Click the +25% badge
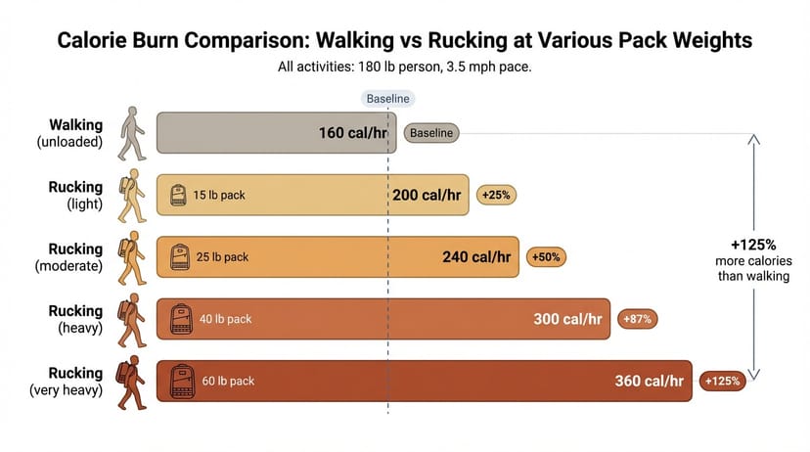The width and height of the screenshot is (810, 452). pyautogui.click(x=496, y=195)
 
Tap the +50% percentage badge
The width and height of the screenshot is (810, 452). pyautogui.click(x=546, y=256)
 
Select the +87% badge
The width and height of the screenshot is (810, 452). pyautogui.click(x=638, y=319)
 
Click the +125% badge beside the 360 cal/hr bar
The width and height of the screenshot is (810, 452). pyautogui.click(x=722, y=381)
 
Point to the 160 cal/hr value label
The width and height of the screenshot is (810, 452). pyautogui.click(x=353, y=133)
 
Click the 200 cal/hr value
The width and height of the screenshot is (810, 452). pyautogui.click(x=427, y=195)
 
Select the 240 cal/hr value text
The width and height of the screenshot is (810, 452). pyautogui.click(x=476, y=256)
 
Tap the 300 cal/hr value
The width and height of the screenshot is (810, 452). pyautogui.click(x=567, y=319)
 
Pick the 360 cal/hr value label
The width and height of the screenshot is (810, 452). pyautogui.click(x=650, y=381)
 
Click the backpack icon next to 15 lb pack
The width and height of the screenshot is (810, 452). pyautogui.click(x=178, y=196)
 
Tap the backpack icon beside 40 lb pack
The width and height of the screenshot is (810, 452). pyautogui.click(x=181, y=319)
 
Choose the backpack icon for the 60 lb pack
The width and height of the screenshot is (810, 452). pyautogui.click(x=182, y=382)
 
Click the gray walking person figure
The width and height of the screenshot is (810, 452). pyautogui.click(x=132, y=134)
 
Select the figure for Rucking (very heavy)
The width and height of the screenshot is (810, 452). pyautogui.click(x=131, y=383)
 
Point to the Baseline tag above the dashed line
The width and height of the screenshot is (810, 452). pyautogui.click(x=388, y=99)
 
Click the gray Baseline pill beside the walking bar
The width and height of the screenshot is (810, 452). pyautogui.click(x=431, y=133)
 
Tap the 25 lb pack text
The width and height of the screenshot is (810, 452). pyautogui.click(x=222, y=256)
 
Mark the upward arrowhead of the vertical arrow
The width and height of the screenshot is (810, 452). pyautogui.click(x=753, y=140)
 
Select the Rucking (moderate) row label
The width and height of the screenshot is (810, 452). pyautogui.click(x=69, y=257)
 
